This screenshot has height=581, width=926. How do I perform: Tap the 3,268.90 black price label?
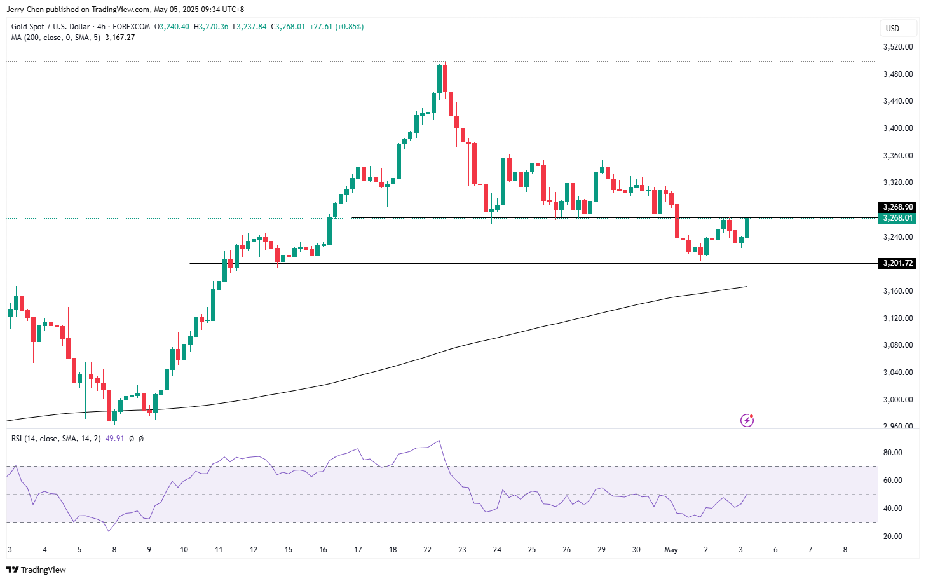coord(898,207)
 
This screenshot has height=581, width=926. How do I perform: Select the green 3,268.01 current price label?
coord(898,218)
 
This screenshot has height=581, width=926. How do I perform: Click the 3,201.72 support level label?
coord(898,263)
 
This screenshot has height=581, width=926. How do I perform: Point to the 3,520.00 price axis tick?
coord(898,47)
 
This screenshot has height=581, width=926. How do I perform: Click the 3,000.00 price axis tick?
coord(898,400)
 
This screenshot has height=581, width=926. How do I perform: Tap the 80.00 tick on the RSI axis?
coord(892,453)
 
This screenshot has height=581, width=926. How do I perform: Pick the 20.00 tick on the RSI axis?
coord(892,537)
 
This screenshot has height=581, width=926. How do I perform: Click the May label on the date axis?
coord(671,550)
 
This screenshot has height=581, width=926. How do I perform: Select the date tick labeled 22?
coord(428,550)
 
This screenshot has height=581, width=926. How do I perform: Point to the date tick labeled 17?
coord(358,550)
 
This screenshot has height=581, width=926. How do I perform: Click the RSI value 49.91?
coord(114,439)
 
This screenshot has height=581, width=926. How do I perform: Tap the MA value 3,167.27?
coord(119,38)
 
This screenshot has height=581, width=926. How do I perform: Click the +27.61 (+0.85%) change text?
coord(336,27)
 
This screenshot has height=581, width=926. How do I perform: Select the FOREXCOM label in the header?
coord(131,27)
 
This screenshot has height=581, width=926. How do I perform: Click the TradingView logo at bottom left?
coord(36,570)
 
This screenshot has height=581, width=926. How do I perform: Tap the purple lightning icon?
coord(747,420)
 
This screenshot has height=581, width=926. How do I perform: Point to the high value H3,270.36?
coord(210,27)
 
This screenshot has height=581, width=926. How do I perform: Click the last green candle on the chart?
coord(747,228)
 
